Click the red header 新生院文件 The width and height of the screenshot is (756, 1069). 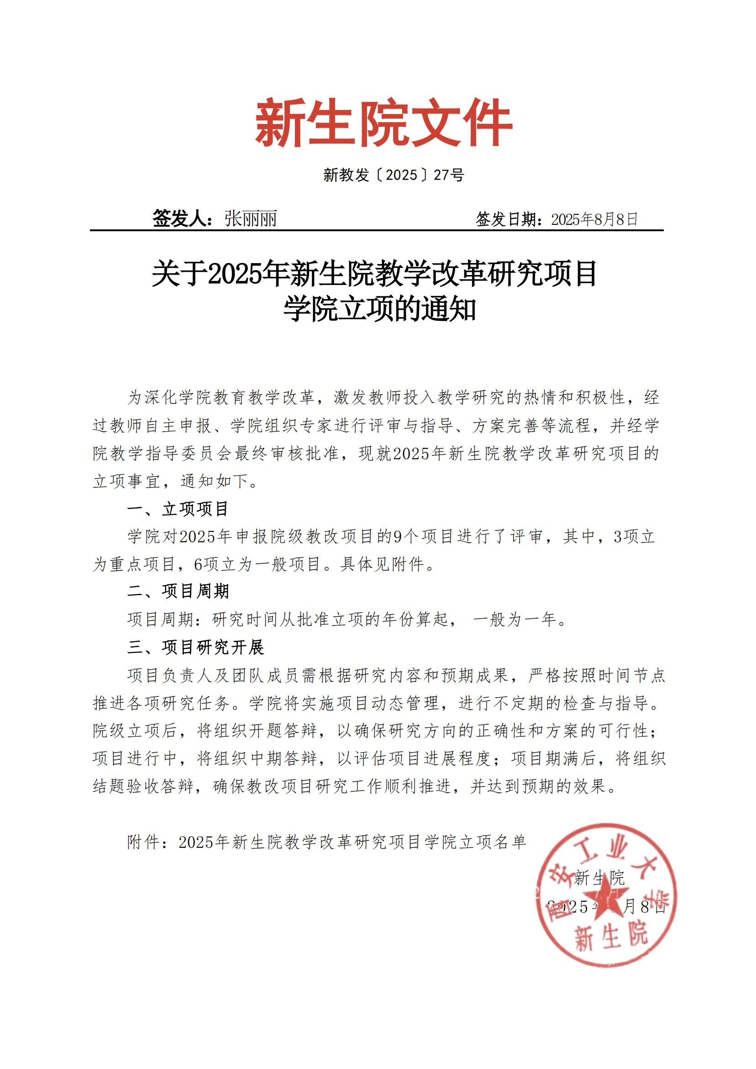click(383, 123)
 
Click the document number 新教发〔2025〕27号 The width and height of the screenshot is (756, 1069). click(394, 175)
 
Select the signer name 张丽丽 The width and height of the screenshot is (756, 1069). click(250, 218)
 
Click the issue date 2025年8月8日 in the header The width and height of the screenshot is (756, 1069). click(594, 219)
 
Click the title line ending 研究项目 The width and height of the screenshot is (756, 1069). click(374, 274)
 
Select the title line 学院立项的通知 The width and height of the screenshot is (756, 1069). click(379, 309)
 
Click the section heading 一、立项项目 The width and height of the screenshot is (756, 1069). click(178, 509)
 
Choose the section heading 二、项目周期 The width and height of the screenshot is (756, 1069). click(178, 592)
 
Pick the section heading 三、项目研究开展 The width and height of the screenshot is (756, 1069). click(196, 647)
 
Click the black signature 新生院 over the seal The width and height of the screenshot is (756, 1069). click(599, 878)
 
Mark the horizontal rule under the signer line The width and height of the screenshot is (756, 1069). click(377, 230)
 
